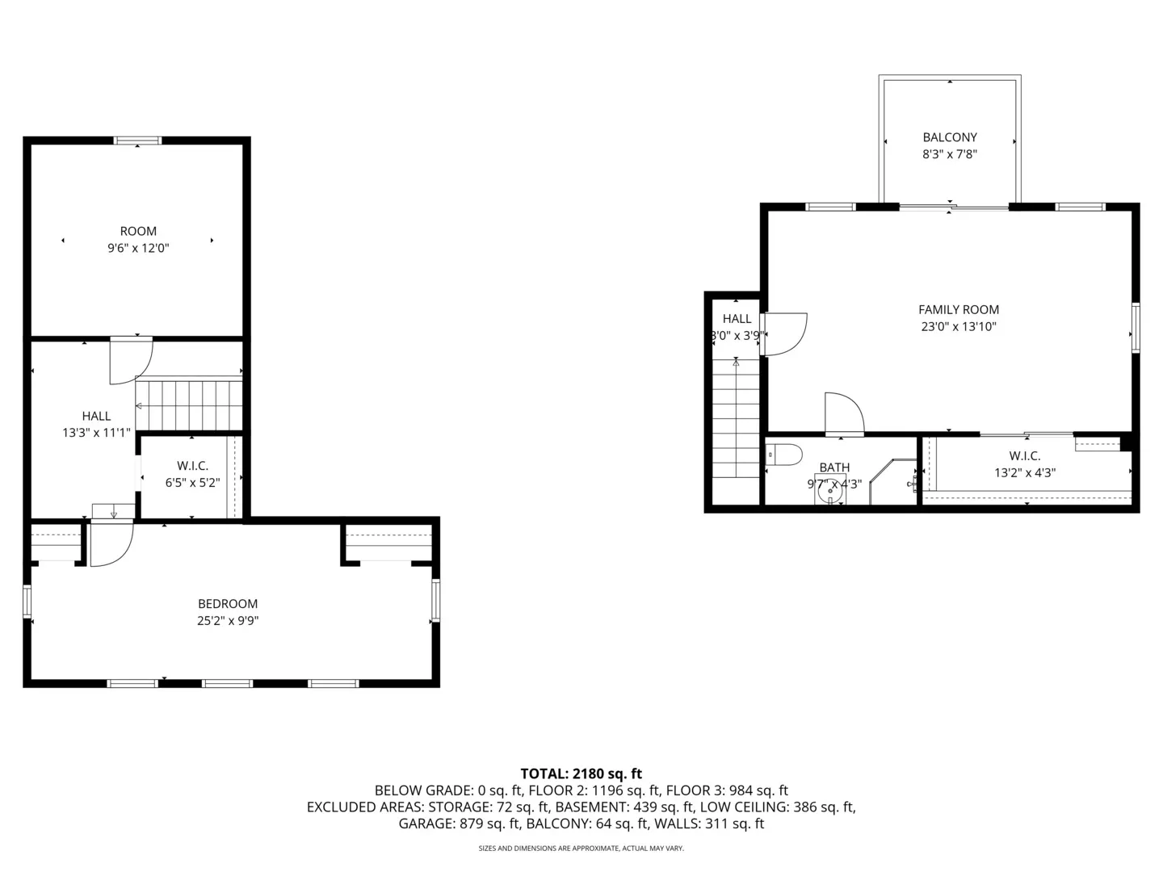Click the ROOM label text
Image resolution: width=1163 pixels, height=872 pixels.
coord(138,231)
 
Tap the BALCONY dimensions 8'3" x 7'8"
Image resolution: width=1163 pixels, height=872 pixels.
coord(950,154)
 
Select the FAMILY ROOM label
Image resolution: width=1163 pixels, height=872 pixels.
coord(959,309)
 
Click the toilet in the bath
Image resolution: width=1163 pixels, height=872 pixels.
coord(783,455)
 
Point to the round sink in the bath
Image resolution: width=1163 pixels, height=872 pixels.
coord(829,490)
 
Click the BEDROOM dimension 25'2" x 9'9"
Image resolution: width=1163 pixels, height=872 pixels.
coord(228,621)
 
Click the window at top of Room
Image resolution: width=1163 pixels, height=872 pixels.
coord(138,140)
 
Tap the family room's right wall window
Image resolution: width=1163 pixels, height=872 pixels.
coord(1135,328)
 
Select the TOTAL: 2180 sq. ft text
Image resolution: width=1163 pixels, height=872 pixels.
coord(581,773)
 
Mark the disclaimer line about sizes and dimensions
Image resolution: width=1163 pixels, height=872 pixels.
coord(581,849)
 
